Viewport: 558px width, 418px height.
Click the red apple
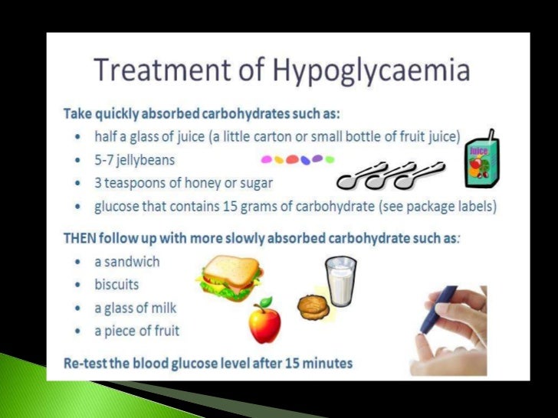pos(264,323)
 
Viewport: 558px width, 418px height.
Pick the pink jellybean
pos(268,161)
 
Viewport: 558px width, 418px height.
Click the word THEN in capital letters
pos(80,237)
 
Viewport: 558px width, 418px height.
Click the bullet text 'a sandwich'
pos(126,261)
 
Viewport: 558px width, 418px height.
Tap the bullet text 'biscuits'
pos(117,284)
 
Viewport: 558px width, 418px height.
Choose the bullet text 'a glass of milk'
pos(135,308)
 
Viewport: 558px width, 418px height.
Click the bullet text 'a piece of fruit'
pos(137,331)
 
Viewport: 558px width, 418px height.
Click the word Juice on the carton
pos(479,152)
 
